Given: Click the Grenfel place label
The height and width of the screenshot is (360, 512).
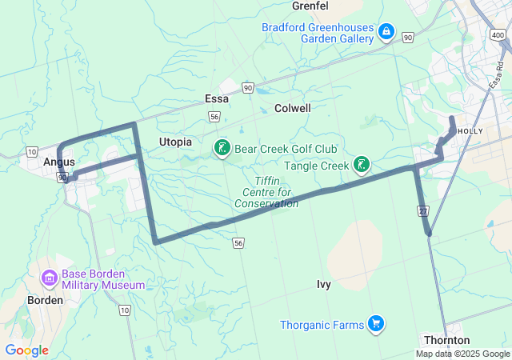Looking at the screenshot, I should pos(310,6).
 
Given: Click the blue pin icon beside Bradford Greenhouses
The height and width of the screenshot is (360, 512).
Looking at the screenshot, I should pos(386,31).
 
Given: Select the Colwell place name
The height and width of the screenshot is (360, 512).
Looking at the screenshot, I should pos(292,108).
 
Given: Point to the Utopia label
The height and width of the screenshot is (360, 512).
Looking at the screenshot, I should pos(175,142).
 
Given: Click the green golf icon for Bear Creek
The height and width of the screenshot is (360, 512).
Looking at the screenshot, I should pos(221,149).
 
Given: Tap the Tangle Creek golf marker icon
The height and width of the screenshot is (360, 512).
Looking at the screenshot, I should pos(362,166).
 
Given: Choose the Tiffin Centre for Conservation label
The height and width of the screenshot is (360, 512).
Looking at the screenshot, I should pos(266,192).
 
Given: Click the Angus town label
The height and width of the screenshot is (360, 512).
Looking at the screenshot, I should pos(59,162).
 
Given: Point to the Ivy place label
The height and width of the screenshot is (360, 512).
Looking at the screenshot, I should pos(323,284).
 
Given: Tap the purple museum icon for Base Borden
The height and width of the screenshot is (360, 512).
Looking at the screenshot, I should pos(50,278).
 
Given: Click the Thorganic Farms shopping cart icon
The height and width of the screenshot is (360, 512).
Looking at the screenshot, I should pos(375,324).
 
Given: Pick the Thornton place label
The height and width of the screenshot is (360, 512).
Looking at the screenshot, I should pos(446,340).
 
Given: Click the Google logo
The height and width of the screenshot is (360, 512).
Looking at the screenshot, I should pos(26,350).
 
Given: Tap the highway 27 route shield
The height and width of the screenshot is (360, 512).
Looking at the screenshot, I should pos(422,210).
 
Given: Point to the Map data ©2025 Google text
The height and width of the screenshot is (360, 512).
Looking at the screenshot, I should pos(462,354).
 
